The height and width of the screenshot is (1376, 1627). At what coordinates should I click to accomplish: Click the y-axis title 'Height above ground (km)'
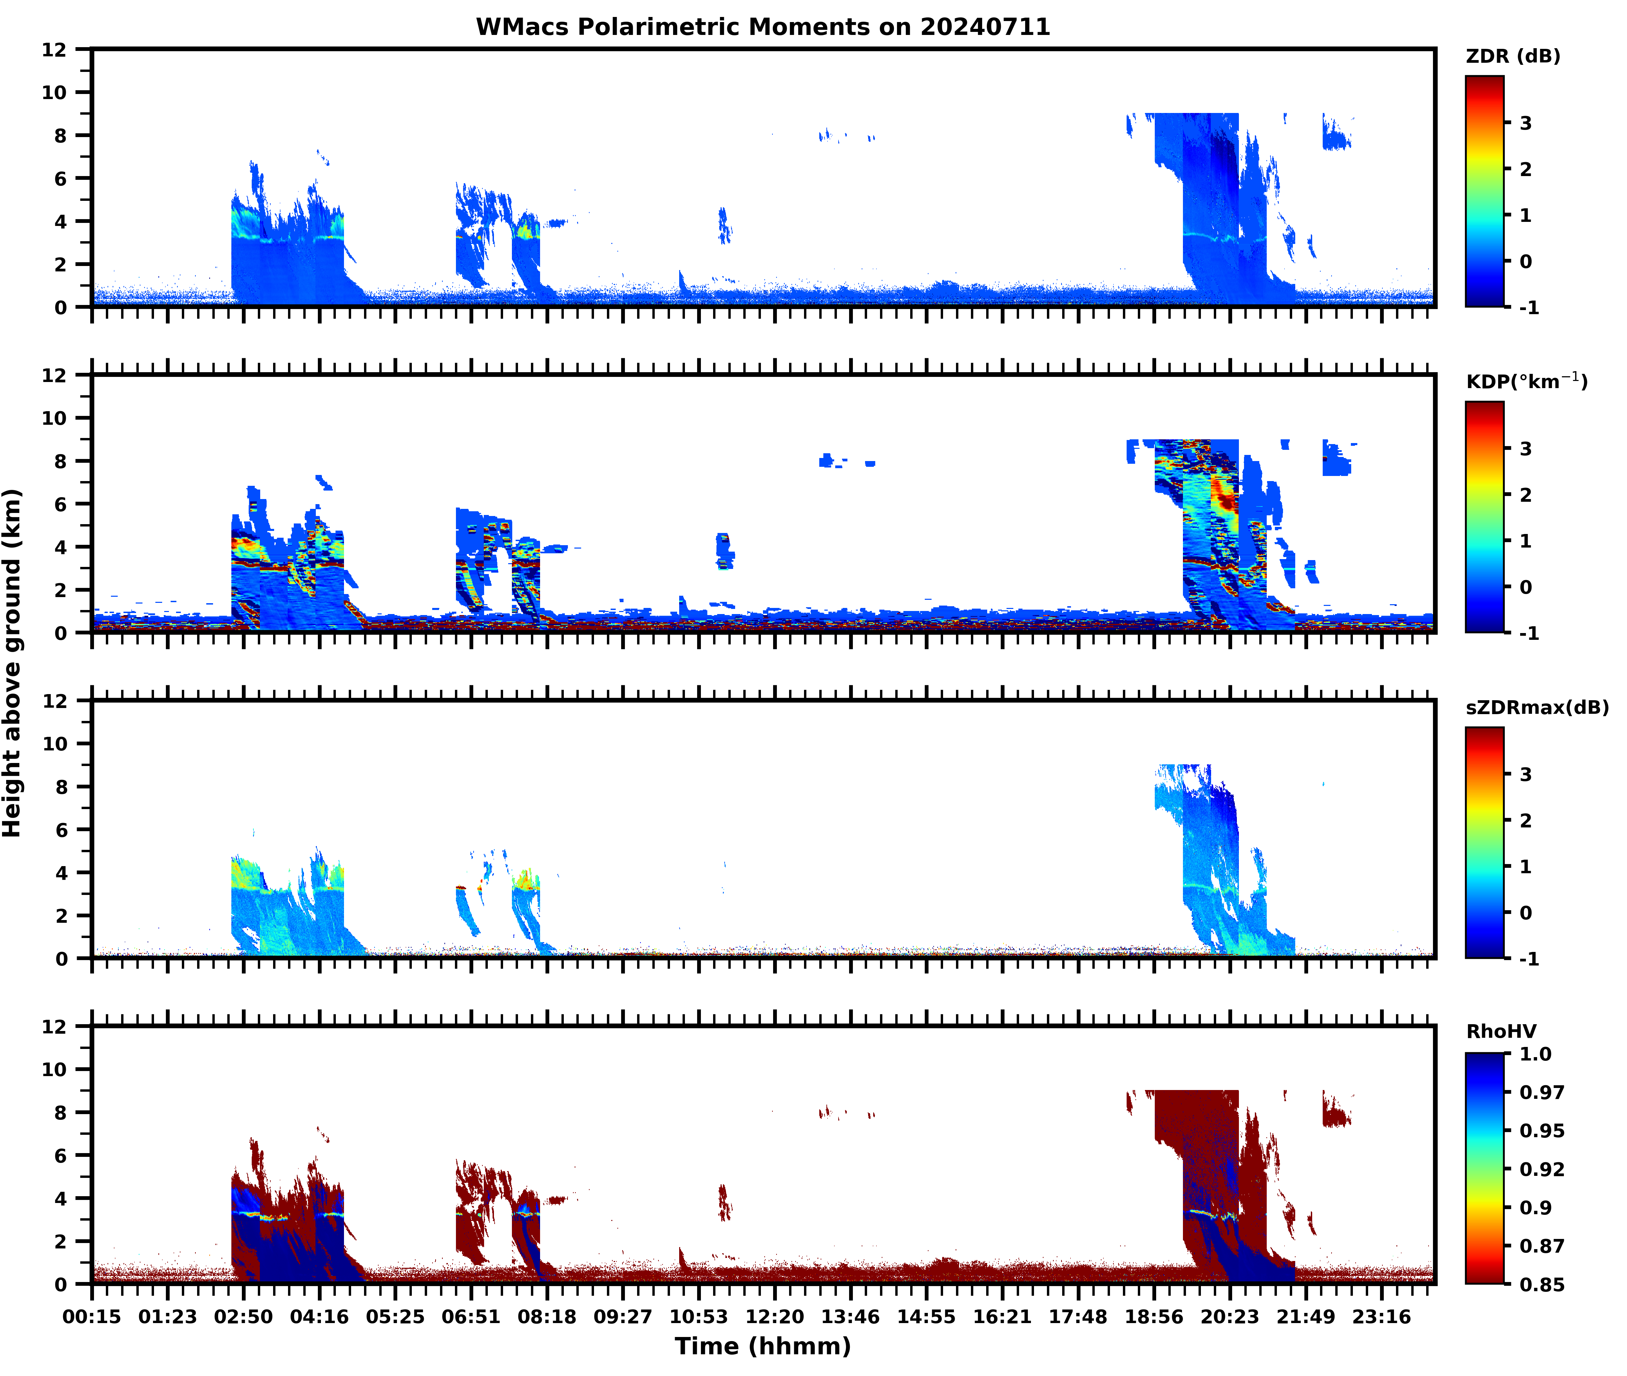click(x=13, y=663)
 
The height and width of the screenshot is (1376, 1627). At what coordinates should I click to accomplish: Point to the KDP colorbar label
click(x=1526, y=381)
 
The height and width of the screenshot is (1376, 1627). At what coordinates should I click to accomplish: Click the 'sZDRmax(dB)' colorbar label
click(x=1536, y=707)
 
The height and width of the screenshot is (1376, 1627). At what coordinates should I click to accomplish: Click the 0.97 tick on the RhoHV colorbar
click(x=1541, y=1092)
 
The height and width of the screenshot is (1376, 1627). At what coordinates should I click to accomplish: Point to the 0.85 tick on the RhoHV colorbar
click(x=1541, y=1284)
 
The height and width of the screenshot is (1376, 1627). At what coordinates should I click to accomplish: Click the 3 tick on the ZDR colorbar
click(x=1526, y=123)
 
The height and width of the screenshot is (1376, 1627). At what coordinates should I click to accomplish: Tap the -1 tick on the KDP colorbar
click(x=1529, y=633)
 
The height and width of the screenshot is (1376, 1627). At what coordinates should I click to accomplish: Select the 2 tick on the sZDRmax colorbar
click(x=1526, y=821)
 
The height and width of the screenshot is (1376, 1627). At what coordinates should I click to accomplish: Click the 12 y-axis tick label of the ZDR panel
click(x=55, y=50)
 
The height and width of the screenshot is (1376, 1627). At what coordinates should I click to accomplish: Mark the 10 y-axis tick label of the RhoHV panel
click(x=55, y=1069)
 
